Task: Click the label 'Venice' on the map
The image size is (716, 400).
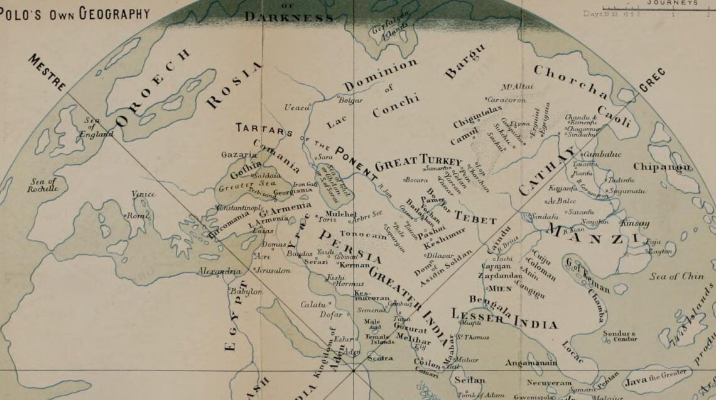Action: tap(143, 194)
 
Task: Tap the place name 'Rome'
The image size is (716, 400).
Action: tap(138, 216)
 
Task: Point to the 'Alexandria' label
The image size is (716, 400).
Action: tap(219, 272)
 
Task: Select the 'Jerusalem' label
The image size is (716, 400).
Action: tap(273, 270)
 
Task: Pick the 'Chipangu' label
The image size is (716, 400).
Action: tap(662, 167)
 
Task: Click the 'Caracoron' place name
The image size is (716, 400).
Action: tap(506, 99)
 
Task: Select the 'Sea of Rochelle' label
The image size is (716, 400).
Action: tap(43, 185)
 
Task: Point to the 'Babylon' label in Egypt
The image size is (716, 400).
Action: tap(246, 292)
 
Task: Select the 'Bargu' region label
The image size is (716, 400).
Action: tap(465, 61)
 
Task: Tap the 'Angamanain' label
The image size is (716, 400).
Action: tap(531, 363)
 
